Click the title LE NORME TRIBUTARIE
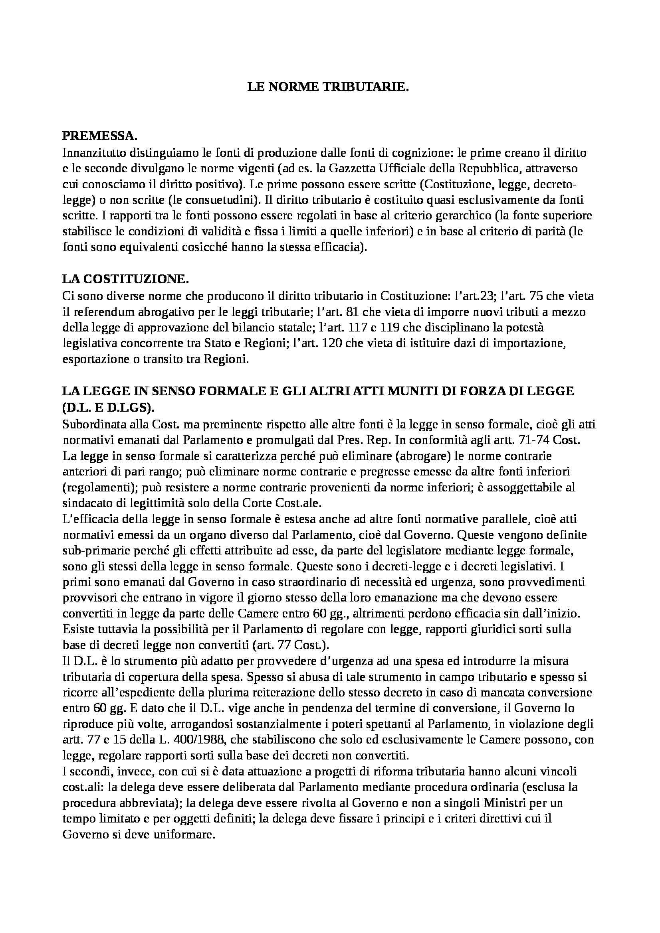coord(328,87)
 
